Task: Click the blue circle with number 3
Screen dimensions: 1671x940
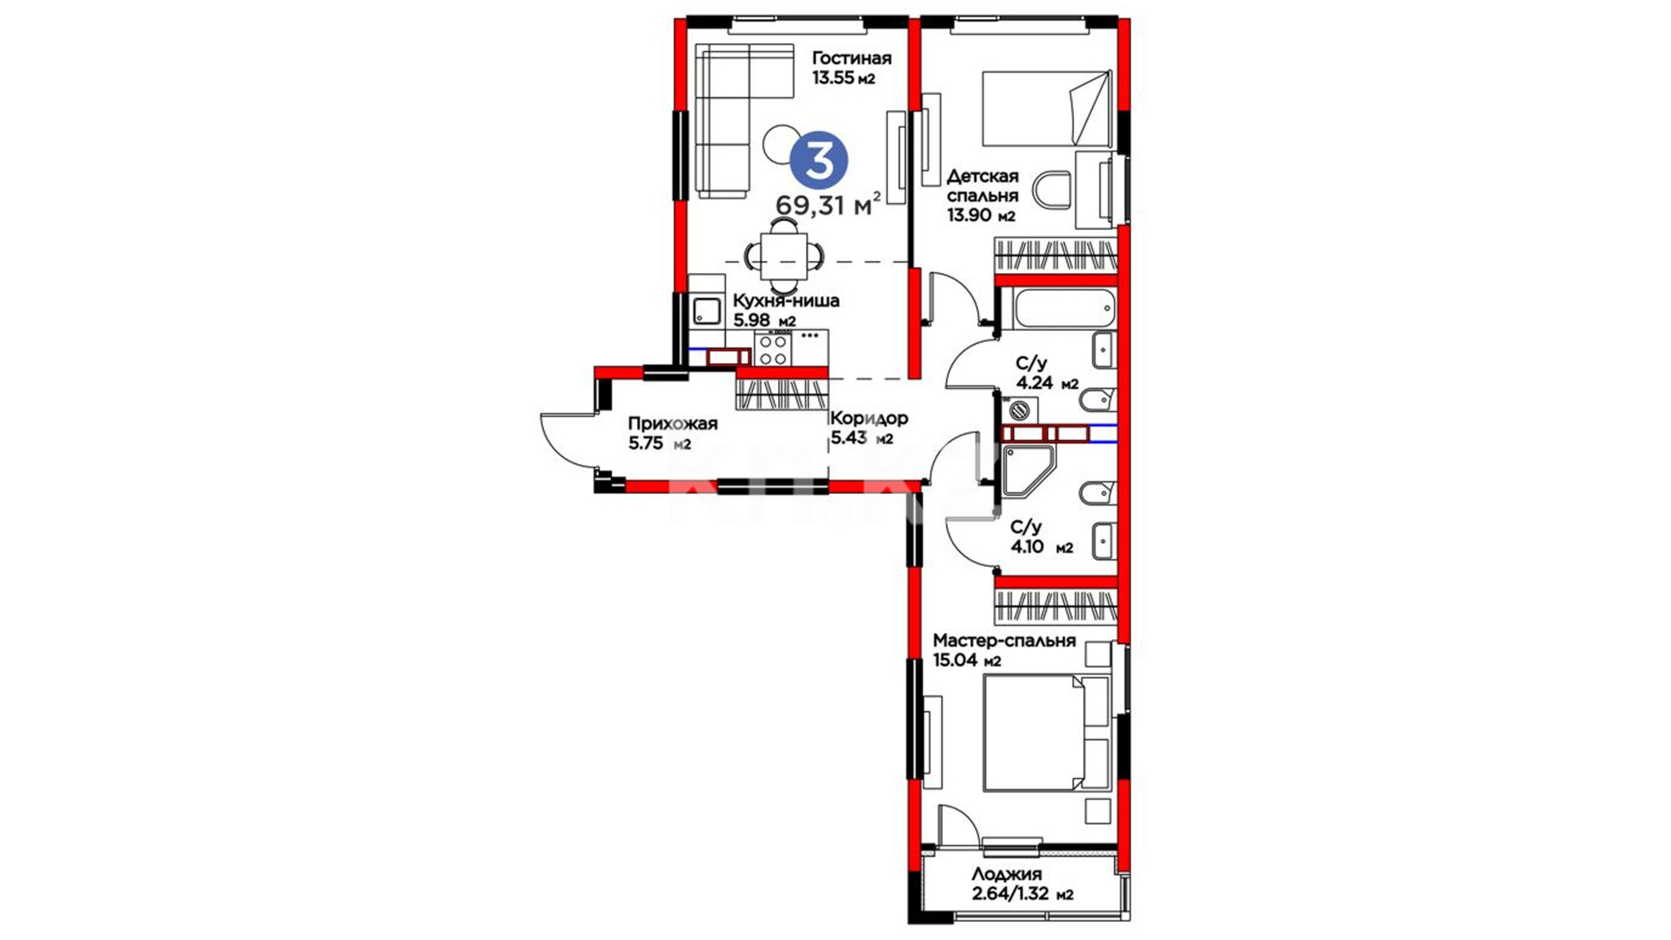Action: click(x=818, y=159)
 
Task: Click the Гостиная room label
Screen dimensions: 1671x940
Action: click(x=851, y=58)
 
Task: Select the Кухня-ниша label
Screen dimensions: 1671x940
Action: click(x=786, y=300)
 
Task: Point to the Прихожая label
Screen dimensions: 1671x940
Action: click(x=673, y=424)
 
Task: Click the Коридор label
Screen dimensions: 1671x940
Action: click(x=869, y=418)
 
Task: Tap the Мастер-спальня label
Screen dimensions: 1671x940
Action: click(x=1004, y=641)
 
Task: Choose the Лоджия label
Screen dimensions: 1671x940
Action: click(x=1007, y=874)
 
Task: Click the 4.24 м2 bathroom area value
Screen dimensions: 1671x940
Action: click(x=1048, y=383)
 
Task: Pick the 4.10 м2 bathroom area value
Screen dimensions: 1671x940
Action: click(x=1042, y=547)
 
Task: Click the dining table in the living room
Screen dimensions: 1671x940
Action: click(x=784, y=255)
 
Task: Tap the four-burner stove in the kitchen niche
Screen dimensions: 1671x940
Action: click(x=773, y=350)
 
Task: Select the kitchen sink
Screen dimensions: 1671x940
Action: click(x=707, y=311)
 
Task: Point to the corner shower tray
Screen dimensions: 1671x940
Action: click(x=1027, y=471)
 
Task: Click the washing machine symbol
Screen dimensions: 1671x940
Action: click(x=1020, y=408)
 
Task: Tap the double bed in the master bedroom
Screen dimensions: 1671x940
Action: click(x=1046, y=734)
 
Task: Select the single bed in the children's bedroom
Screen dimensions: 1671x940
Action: click(x=1047, y=109)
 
